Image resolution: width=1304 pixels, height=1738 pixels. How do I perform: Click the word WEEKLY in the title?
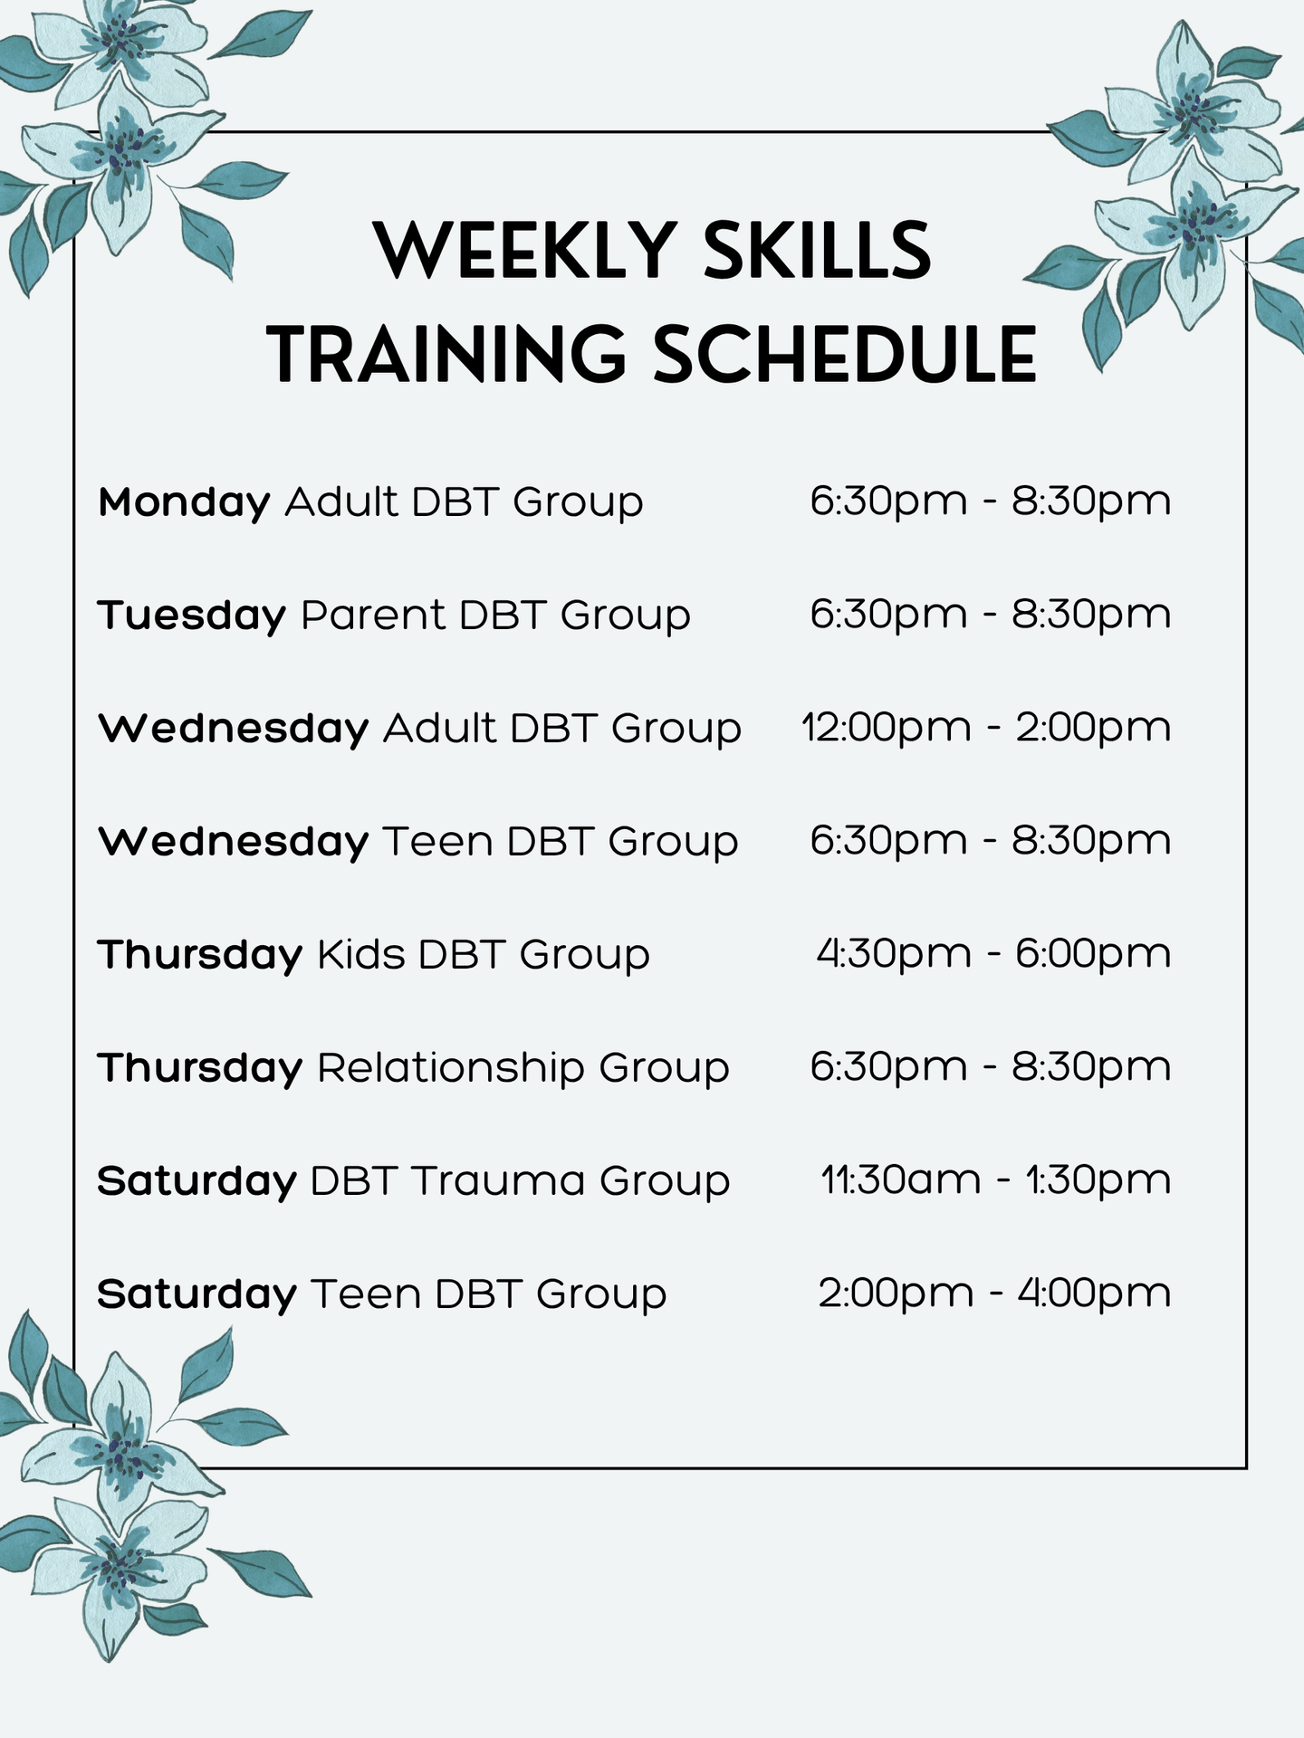526,250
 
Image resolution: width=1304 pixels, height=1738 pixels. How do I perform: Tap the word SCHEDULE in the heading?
844,354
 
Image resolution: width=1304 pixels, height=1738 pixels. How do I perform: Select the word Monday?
185,503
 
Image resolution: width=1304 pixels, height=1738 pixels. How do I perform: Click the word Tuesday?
192,616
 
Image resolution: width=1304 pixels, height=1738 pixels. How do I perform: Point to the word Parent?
372,616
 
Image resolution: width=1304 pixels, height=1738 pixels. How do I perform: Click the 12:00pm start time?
887,728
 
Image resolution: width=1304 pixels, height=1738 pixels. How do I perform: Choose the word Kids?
360,954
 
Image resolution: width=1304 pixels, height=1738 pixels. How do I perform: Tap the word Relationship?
451,1068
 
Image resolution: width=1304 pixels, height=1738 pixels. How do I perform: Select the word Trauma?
498,1181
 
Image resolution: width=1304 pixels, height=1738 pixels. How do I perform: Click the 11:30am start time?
901,1180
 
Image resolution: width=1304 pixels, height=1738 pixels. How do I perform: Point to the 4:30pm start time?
894,954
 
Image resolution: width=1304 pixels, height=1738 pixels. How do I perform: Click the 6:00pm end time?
1093,954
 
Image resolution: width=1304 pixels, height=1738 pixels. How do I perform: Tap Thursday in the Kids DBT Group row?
200,954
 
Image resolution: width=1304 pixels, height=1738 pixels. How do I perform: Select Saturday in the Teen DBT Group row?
197,1294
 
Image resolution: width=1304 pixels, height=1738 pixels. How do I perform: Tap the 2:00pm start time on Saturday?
896,1294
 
